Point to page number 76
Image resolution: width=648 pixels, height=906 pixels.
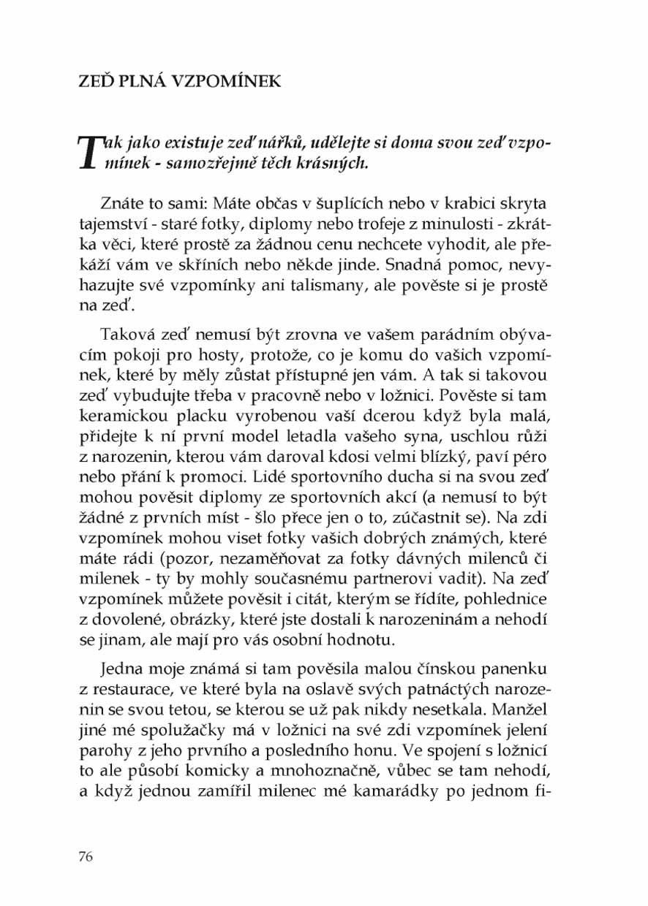[86, 857]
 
